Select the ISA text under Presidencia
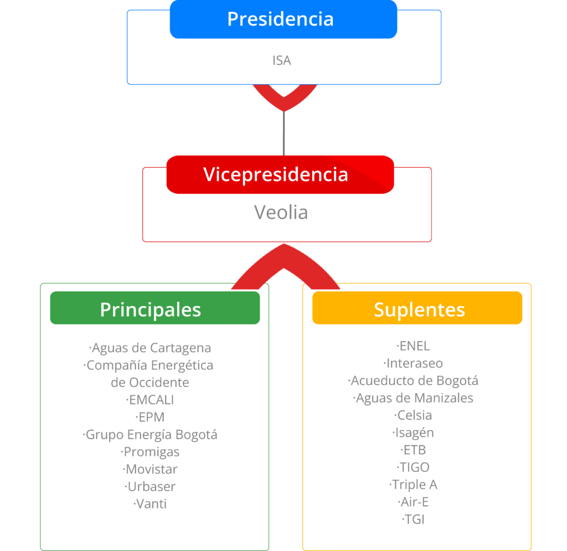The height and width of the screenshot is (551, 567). click(282, 60)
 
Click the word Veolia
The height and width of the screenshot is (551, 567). click(281, 212)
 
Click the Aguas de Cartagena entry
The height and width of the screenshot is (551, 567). click(151, 348)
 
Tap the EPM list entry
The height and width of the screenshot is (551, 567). click(151, 417)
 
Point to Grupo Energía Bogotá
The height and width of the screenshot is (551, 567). click(151, 435)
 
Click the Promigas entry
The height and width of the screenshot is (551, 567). click(151, 452)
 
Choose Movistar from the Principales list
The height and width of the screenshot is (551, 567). click(151, 469)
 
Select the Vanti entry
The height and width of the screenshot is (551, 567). click(151, 504)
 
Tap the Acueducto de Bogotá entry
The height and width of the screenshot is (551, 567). click(414, 381)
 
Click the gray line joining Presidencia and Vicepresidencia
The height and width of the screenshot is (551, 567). click(283, 133)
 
